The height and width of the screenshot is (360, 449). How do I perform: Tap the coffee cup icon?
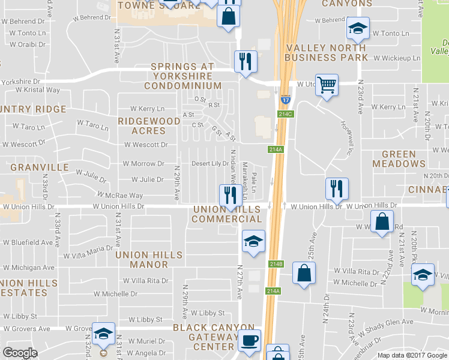coord(249,340)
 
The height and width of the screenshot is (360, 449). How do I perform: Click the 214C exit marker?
coord(286,113)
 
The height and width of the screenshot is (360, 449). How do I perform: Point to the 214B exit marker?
coord(276,263)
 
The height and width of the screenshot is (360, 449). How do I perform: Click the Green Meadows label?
coord(399,158)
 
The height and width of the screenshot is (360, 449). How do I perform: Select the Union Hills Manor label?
coord(149,259)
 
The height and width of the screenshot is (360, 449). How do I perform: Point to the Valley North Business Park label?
coord(327,52)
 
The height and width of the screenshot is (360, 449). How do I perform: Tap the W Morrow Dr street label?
coord(143,164)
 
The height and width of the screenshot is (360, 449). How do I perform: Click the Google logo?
coord(20,352)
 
